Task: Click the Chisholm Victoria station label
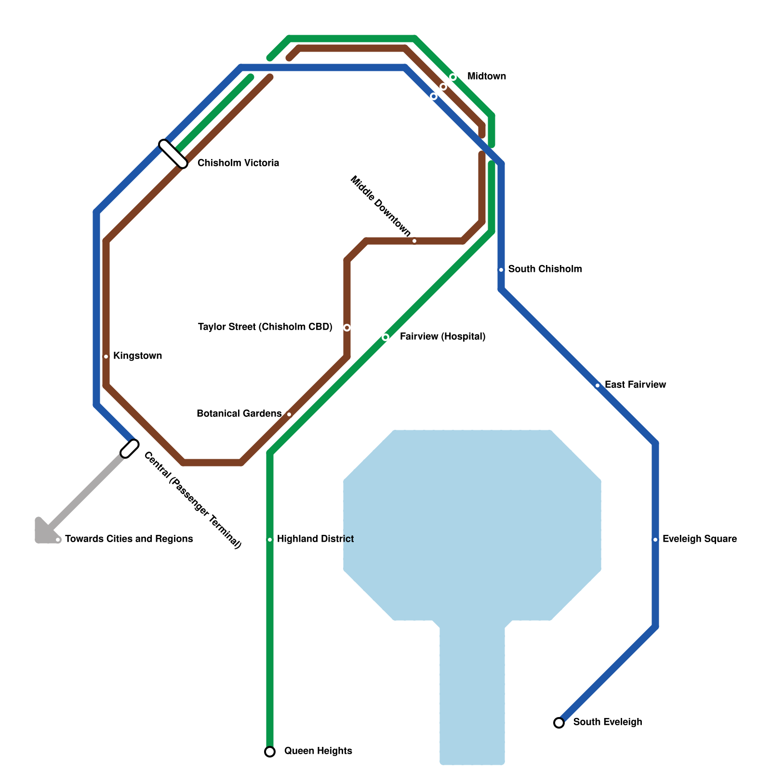(238, 163)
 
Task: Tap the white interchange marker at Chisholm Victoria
(173, 154)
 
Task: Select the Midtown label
(487, 76)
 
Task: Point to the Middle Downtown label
(380, 207)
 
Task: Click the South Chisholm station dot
(501, 270)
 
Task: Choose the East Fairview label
(635, 385)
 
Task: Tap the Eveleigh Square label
(699, 539)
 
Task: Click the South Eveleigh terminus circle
(559, 723)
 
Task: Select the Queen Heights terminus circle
(270, 752)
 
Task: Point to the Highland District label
(315, 539)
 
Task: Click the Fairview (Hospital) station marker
(385, 337)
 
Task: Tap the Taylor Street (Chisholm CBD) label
(265, 327)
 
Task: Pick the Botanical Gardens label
(239, 413)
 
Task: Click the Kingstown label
(137, 356)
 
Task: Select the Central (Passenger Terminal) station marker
(130, 449)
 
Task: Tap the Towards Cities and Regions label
(129, 539)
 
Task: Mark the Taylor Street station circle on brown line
(347, 328)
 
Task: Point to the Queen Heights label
(318, 751)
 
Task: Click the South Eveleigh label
(607, 722)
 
